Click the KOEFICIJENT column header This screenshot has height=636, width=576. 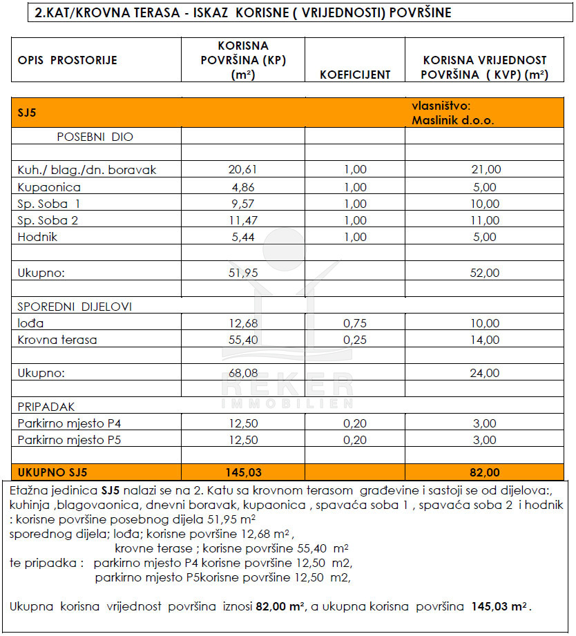point(355,75)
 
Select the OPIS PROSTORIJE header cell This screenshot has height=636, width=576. point(68,60)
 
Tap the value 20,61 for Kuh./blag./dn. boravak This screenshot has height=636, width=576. point(242,169)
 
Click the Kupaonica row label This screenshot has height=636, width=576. point(49,186)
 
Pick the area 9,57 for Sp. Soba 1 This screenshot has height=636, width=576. point(242,204)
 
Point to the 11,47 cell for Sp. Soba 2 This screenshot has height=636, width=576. point(242,220)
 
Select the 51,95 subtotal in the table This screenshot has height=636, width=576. point(242,273)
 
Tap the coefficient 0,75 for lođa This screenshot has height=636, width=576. point(355,323)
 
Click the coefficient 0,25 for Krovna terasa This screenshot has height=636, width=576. point(355,340)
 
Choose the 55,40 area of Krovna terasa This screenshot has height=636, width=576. point(242,340)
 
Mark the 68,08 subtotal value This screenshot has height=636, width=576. point(242,373)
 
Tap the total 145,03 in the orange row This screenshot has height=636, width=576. point(242,472)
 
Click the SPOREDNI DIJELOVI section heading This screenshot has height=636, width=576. point(75,307)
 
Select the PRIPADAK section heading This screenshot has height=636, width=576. point(46,407)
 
